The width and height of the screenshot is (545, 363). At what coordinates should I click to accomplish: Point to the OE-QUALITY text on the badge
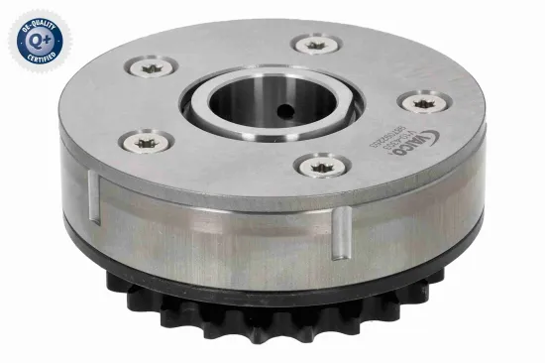click(x=36, y=21)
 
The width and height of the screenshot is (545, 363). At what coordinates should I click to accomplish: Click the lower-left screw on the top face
click(x=149, y=141)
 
